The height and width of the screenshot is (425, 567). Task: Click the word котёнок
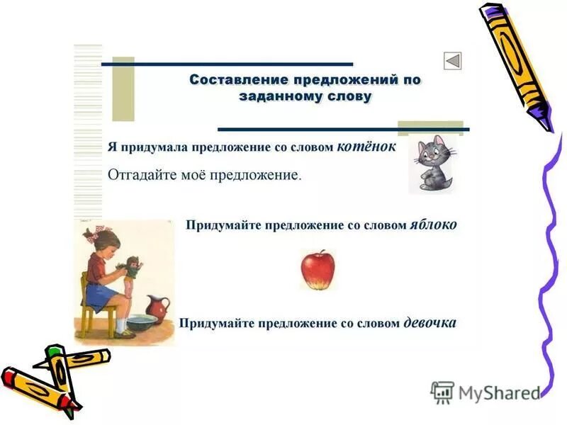(366, 146)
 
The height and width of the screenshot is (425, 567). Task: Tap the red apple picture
(317, 270)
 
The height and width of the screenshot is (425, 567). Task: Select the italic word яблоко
(433, 225)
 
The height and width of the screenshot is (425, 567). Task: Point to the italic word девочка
(430, 323)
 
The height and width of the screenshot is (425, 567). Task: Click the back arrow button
(453, 61)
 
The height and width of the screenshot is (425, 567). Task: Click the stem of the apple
(320, 251)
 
